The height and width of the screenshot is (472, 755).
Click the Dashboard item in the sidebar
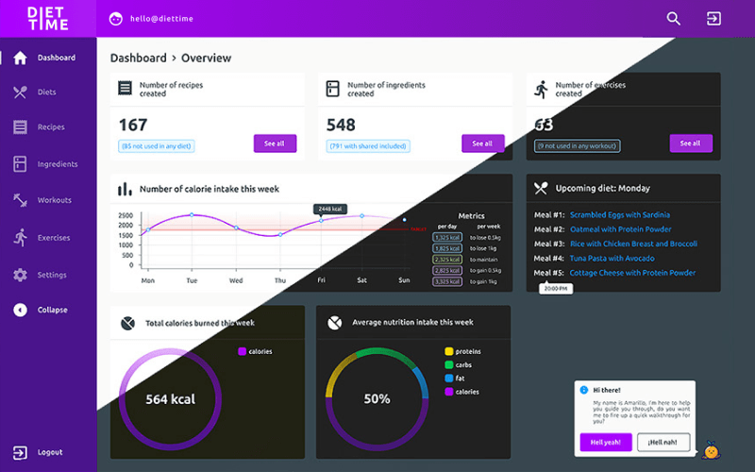pos(55,58)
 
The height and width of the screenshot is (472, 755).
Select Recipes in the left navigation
pos(50,126)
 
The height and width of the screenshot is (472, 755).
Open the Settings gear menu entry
pos(51,275)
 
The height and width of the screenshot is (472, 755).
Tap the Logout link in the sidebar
pos(49,452)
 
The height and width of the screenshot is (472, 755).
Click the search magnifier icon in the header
pos(673,18)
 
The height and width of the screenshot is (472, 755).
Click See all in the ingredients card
pos(482,143)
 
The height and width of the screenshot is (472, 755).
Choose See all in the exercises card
pos(691,143)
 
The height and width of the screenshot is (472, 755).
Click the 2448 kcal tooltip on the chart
pos(330,209)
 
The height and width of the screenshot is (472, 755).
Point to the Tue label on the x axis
pos(192,280)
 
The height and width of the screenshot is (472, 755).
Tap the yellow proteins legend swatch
pos(449,351)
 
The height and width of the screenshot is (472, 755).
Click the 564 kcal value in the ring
pos(170,399)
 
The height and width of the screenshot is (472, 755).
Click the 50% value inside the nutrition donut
pos(377,399)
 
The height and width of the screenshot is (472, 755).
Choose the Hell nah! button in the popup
pos(664,442)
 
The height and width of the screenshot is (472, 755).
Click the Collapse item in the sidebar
pos(52,310)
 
